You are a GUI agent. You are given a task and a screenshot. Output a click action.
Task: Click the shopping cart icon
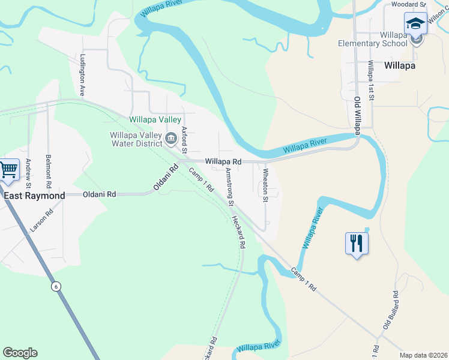point(8,170)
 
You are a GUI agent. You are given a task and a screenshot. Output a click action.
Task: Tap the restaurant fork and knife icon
point(357,243)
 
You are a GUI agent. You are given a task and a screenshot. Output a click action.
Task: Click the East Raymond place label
point(35,196)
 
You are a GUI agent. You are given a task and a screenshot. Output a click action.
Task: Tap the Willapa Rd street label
point(223,162)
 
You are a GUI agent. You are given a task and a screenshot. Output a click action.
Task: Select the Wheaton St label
point(265,185)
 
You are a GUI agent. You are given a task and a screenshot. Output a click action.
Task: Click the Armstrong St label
point(229,187)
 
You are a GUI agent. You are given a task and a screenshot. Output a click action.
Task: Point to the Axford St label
point(185,140)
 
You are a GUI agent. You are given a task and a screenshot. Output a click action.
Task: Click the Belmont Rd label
point(49,170)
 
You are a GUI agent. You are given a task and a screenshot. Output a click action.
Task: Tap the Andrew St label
point(28,173)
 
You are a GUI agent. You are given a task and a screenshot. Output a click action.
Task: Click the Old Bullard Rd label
point(391,310)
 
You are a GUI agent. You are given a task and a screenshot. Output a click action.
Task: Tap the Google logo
point(20,353)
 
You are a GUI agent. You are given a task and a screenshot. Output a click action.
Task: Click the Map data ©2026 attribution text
point(423,355)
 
